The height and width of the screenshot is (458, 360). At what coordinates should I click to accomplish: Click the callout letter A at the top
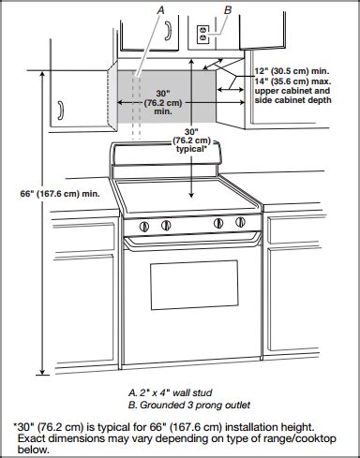point(162,9)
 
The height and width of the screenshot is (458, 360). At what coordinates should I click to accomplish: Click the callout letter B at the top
point(228,9)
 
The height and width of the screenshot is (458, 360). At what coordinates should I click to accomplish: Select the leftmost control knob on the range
point(143,226)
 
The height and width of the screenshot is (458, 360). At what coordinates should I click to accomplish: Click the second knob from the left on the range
point(166,226)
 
